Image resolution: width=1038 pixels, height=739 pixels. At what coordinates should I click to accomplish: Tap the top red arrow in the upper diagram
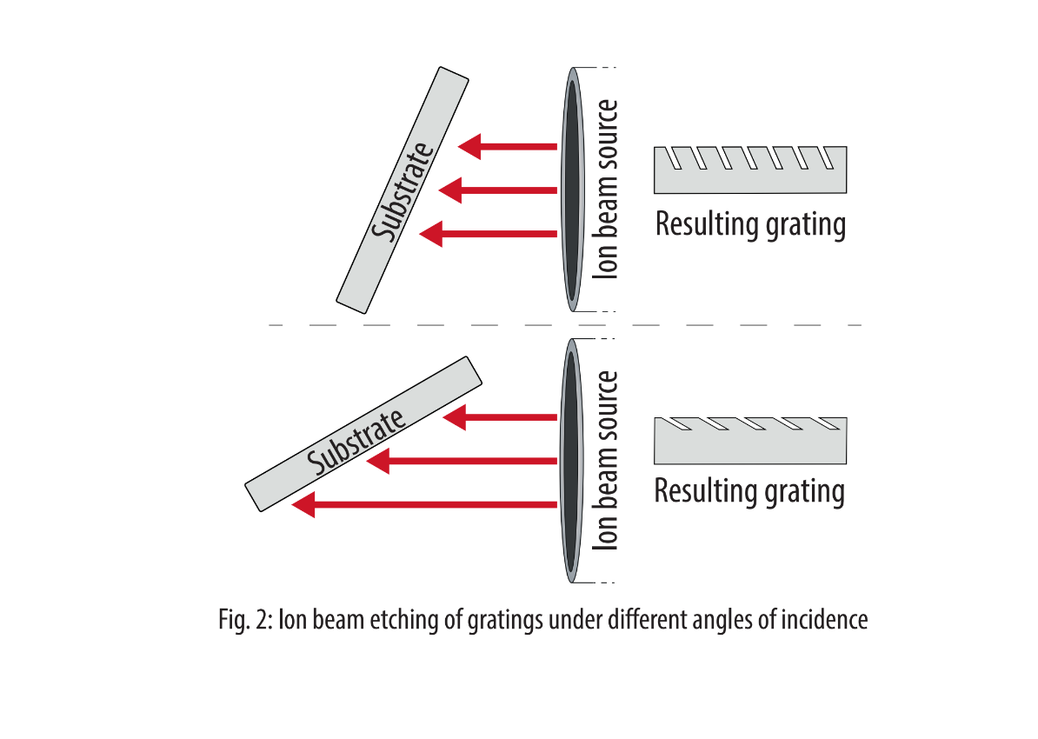pos(509,145)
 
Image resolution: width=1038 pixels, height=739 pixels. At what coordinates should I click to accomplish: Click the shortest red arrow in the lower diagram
pos(501,417)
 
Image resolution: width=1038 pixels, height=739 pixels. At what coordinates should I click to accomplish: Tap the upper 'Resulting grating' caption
pos(750,224)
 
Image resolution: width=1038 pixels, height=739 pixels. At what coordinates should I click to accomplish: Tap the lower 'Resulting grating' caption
pos(749,491)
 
